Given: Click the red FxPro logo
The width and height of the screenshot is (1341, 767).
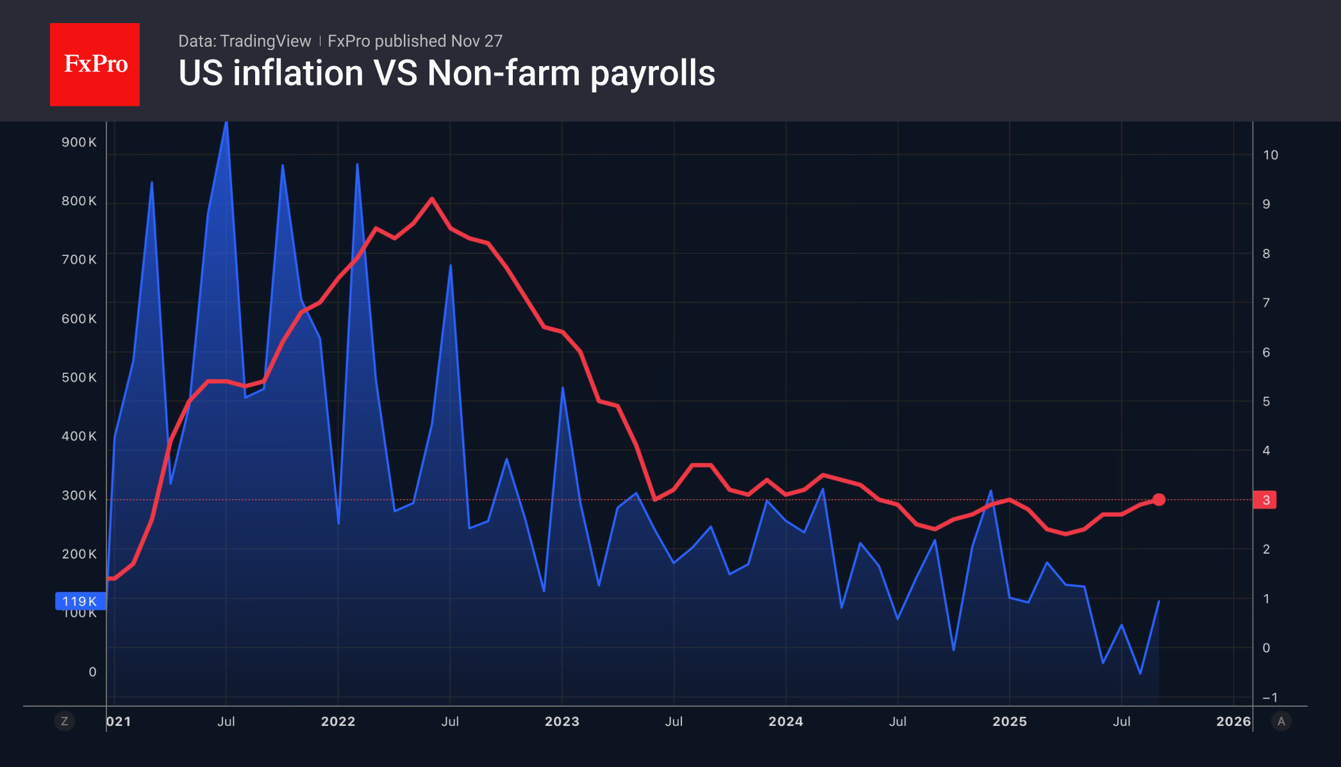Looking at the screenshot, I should (95, 64).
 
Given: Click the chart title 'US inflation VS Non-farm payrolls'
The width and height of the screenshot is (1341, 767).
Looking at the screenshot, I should (447, 73).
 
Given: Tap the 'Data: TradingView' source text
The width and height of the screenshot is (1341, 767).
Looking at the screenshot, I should (244, 41).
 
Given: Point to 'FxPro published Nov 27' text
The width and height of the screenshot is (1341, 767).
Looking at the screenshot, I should (415, 41).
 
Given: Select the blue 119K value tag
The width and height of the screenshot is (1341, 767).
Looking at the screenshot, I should (80, 601).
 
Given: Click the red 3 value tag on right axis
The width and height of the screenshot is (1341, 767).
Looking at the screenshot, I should (1265, 500).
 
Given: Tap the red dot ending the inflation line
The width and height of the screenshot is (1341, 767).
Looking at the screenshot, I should (1158, 500).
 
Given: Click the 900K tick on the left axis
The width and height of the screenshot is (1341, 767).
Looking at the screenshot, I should (79, 142).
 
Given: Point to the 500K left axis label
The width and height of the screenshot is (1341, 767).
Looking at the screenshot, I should (79, 378).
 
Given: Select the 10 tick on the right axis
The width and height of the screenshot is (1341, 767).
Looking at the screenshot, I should (1270, 155).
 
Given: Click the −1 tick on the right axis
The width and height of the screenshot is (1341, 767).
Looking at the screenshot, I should (1270, 697).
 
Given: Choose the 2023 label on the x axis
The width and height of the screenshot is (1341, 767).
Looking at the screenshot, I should (562, 721).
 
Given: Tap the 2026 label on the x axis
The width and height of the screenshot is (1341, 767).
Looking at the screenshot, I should (1233, 721).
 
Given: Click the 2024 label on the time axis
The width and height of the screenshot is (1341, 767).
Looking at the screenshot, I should (785, 721).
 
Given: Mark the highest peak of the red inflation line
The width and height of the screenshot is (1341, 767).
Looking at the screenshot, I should (432, 199).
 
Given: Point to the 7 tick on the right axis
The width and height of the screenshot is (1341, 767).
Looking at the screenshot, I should (1266, 303).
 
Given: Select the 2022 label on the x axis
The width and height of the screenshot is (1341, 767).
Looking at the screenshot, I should (338, 721).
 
